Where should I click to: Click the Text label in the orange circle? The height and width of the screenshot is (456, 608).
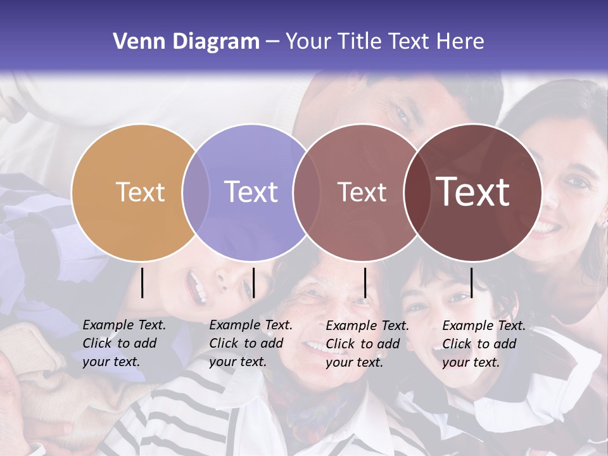click(x=140, y=192)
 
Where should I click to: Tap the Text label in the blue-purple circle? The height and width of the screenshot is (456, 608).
click(x=251, y=192)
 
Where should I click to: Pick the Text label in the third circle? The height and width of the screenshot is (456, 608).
click(x=362, y=192)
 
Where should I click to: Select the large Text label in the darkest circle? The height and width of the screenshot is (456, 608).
click(x=473, y=192)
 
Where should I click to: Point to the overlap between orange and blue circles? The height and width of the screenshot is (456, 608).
click(x=196, y=192)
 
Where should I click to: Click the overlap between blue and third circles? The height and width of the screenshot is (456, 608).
click(x=305, y=192)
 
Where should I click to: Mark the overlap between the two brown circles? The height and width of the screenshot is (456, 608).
click(x=416, y=192)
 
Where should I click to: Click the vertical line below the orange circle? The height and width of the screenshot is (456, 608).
click(x=142, y=282)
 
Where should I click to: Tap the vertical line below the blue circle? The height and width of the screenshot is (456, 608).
click(x=253, y=282)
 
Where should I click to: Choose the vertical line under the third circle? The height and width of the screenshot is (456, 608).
click(x=365, y=282)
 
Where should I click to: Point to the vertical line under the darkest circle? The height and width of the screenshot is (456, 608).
click(x=471, y=282)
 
